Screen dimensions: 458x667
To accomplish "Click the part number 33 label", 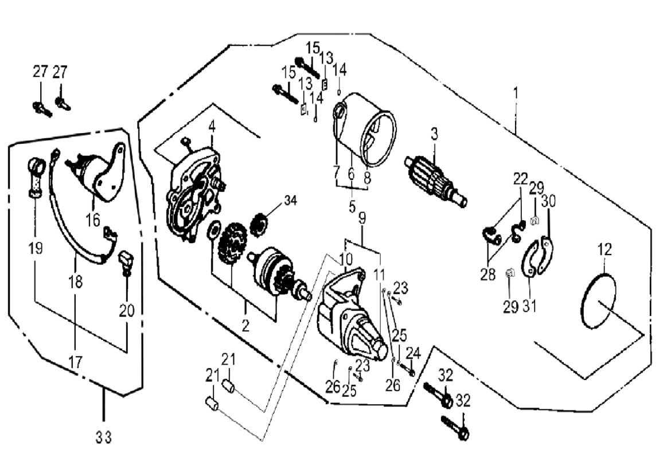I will tap(103, 438).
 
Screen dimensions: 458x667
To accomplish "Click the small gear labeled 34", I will tap(262, 221).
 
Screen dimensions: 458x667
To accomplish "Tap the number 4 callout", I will tap(212, 126).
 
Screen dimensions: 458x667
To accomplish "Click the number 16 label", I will tap(93, 220).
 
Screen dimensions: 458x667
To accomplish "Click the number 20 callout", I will tap(127, 310).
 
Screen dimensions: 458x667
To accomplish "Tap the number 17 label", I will tap(76, 362).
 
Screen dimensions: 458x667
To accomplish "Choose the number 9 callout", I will tap(361, 218).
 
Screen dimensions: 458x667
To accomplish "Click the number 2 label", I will tap(245, 326).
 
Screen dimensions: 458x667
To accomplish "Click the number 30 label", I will tap(549, 201).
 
